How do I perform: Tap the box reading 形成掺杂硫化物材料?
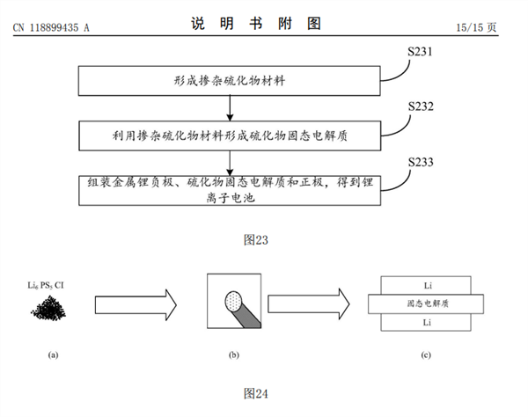229,81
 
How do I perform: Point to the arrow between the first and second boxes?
230,106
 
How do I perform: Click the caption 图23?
255,238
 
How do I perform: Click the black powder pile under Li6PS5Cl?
53,306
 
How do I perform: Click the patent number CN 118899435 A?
52,27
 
